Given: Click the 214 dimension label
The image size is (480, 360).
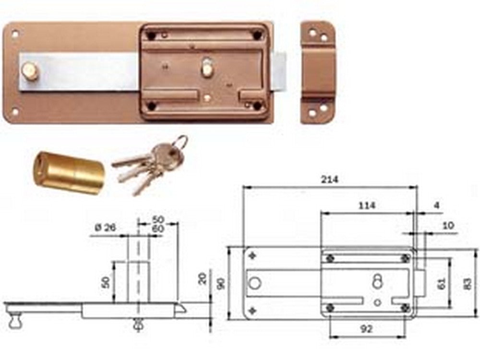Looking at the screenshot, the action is click(330, 179).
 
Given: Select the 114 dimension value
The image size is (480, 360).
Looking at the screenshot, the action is click(366, 205).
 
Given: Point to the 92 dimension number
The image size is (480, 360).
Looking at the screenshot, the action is click(366, 329).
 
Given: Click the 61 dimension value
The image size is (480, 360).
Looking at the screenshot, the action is click(442, 284).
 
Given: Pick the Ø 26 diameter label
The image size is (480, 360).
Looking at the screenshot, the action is click(106, 228).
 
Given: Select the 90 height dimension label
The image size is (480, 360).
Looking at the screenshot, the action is click(221, 284).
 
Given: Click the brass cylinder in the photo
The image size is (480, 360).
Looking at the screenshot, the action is click(69, 172).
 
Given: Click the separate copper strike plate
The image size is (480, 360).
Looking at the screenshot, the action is click(318, 72).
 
